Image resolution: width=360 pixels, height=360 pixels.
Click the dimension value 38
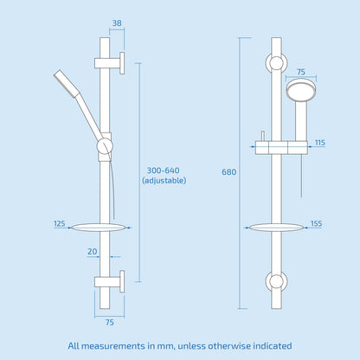pos(115,24)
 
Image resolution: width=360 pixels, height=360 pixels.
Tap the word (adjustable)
pos(164,181)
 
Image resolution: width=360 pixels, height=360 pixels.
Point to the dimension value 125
pos(60,223)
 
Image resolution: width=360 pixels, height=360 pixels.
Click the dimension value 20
pos(91,251)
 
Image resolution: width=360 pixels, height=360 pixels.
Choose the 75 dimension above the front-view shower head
pos(300,74)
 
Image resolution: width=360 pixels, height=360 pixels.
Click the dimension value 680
pos(228,172)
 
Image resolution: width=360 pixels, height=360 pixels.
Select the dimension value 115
pos(320,142)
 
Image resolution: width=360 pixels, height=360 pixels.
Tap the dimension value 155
pos(317,223)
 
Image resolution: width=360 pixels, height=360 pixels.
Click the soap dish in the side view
pos(100,229)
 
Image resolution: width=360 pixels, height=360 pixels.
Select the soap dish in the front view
pos(277,229)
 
